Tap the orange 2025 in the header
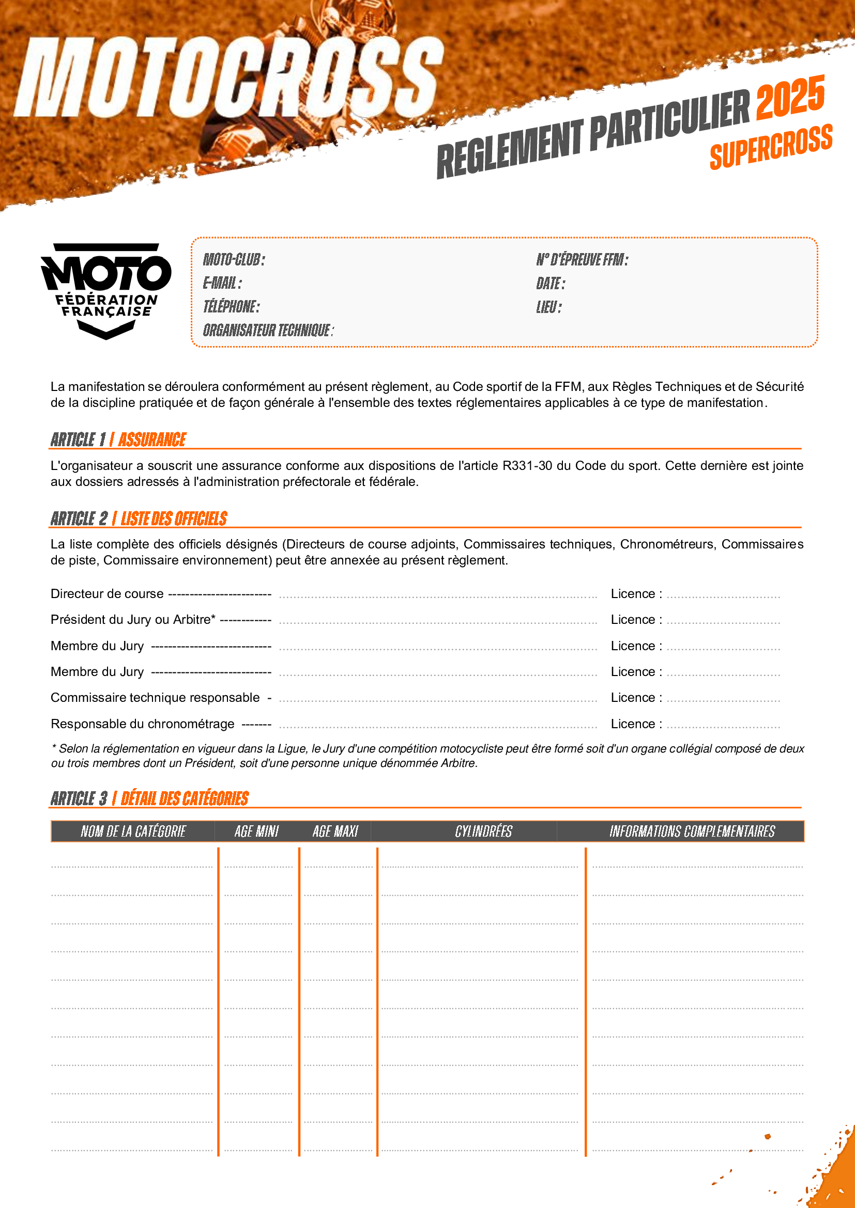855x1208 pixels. (790, 97)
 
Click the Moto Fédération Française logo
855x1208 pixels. (106, 290)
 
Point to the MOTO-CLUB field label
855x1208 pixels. (234, 259)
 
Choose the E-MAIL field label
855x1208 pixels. (222, 283)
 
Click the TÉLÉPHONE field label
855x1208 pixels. (231, 307)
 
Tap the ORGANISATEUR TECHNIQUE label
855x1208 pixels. (268, 331)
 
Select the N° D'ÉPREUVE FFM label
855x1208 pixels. (582, 259)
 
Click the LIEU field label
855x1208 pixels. (548, 307)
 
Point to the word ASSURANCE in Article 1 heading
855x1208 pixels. (151, 440)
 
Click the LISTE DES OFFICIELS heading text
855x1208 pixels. (174, 519)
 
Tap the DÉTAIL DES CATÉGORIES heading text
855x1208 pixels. (184, 798)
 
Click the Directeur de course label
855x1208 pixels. (107, 594)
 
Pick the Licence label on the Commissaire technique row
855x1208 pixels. (636, 698)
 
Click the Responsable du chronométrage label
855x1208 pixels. (142, 724)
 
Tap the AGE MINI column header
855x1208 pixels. (256, 832)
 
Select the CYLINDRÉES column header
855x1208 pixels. (483, 832)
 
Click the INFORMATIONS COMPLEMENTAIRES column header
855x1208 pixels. (692, 832)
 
